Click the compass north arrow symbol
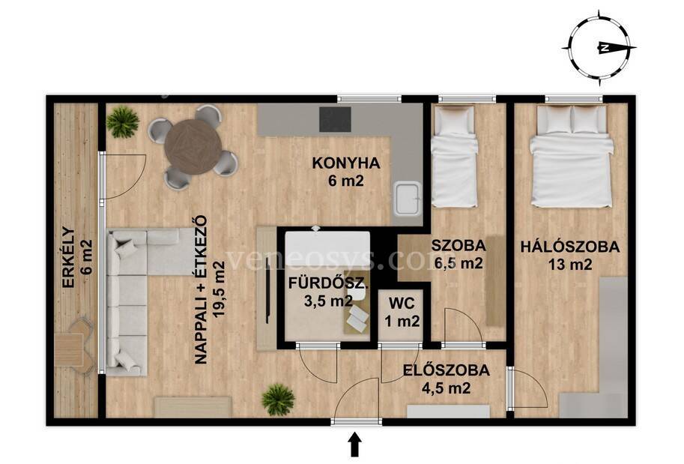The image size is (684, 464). pyautogui.click(x=601, y=49)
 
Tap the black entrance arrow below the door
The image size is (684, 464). pyautogui.click(x=355, y=444)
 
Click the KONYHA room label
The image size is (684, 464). pyautogui.click(x=346, y=163)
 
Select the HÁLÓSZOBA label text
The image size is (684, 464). pyautogui.click(x=569, y=247)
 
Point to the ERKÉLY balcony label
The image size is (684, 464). pyautogui.click(x=70, y=256)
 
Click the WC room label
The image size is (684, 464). pyautogui.click(x=402, y=303)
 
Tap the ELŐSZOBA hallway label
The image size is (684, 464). pyautogui.click(x=446, y=370)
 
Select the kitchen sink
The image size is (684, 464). pyautogui.click(x=408, y=199)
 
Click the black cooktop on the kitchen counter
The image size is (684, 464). pyautogui.click(x=335, y=118)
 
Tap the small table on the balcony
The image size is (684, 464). pyautogui.click(x=70, y=349)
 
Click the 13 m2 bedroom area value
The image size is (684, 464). pyautogui.click(x=570, y=265)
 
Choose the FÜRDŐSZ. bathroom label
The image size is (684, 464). pyautogui.click(x=328, y=284)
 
